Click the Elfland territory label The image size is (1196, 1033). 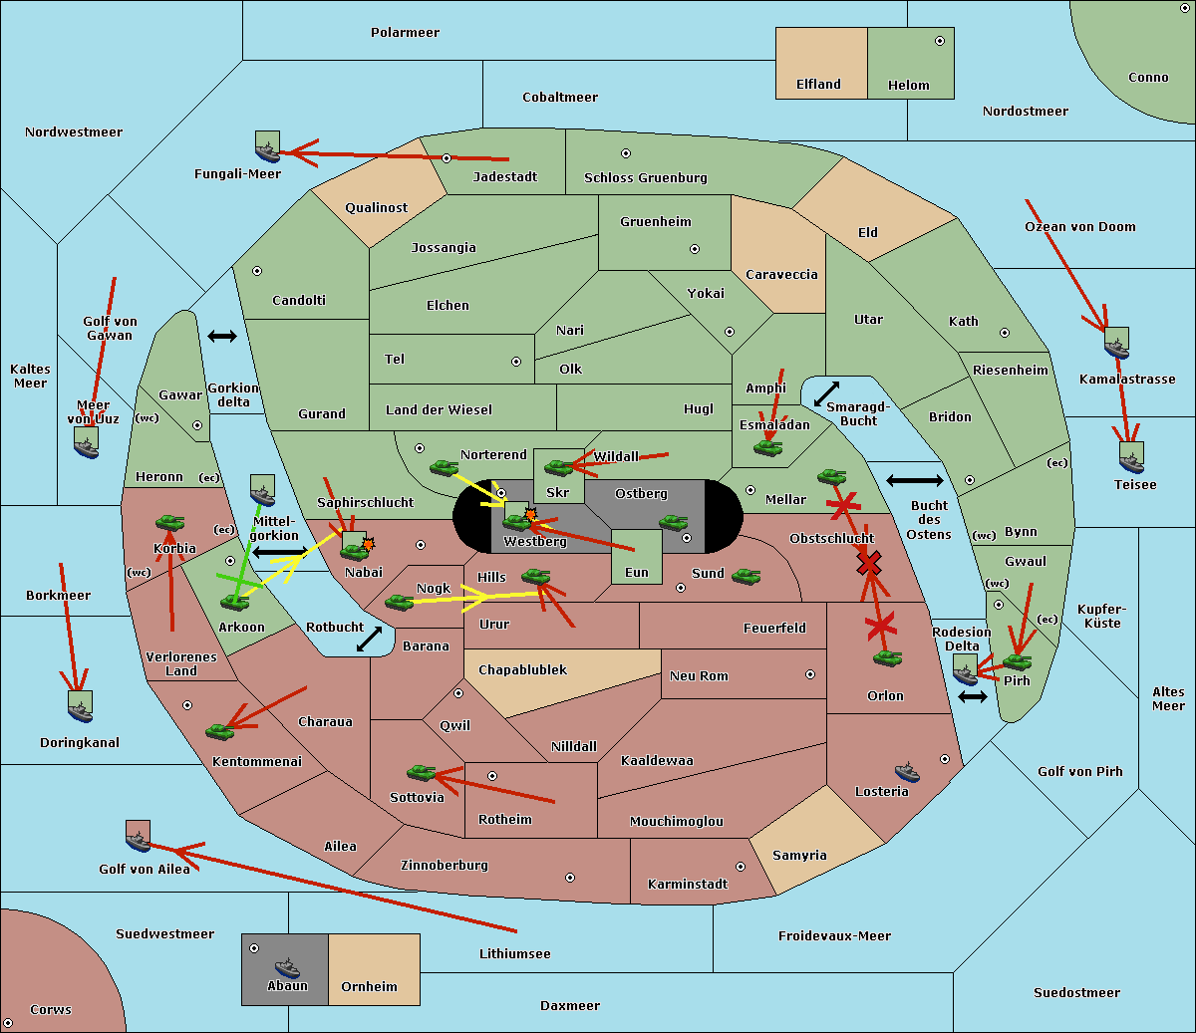click(x=818, y=85)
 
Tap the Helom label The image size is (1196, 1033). click(x=908, y=86)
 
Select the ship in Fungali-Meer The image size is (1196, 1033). click(x=267, y=147)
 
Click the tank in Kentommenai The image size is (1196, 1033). click(x=219, y=732)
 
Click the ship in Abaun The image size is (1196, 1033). click(x=287, y=967)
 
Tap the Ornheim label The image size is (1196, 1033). click(x=369, y=987)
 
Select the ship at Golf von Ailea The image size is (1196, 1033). click(x=138, y=837)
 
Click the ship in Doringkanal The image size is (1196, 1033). click(x=81, y=706)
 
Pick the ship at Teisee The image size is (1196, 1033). click(x=1130, y=458)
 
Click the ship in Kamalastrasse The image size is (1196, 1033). click(x=1116, y=344)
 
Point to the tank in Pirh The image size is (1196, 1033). click(x=1017, y=661)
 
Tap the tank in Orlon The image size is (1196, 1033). click(x=887, y=658)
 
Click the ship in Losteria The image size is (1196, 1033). click(x=907, y=772)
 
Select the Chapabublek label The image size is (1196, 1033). click(x=522, y=670)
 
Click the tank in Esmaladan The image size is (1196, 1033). click(x=767, y=448)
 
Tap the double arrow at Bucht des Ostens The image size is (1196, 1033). click(x=914, y=481)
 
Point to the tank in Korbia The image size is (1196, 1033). click(x=169, y=522)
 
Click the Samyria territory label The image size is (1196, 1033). click(x=799, y=856)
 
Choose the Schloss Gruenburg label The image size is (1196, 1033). click(x=646, y=178)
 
